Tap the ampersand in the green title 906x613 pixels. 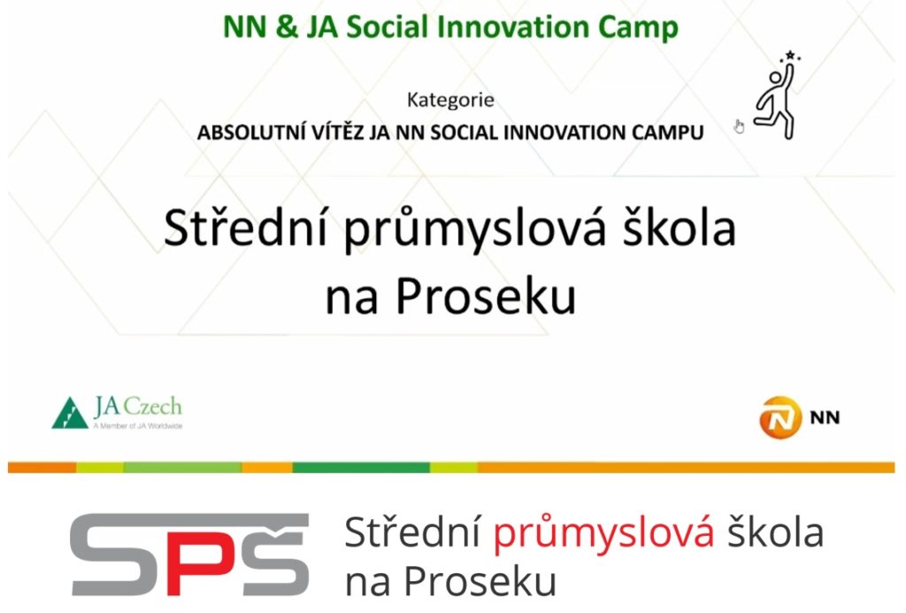pos(287,27)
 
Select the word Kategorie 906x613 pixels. pos(450,100)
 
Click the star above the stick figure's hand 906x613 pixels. pos(790,56)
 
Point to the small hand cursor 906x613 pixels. pos(739,126)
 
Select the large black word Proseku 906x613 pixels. pos(486,296)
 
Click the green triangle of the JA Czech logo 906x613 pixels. pos(69,413)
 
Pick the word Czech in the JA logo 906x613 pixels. pos(153,406)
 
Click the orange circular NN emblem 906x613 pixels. pos(780,418)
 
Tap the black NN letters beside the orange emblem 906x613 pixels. pos(825,418)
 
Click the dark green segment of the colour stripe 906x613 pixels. pos(361,467)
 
